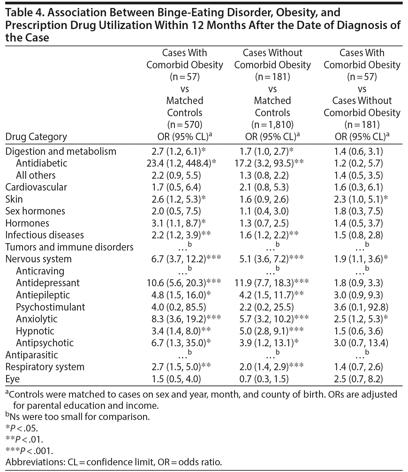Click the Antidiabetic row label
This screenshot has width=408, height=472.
42,163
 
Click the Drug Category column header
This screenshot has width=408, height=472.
36,137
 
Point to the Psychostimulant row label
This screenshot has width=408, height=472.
50,307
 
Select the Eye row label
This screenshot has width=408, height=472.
12,379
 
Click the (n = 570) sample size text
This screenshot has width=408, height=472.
185,124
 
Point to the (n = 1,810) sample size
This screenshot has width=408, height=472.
272,124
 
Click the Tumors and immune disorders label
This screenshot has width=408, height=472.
69,247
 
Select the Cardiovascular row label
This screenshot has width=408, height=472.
36,187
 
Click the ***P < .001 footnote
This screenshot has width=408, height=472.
29,451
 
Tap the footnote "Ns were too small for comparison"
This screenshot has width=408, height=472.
78,416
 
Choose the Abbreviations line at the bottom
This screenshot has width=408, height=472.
114,462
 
